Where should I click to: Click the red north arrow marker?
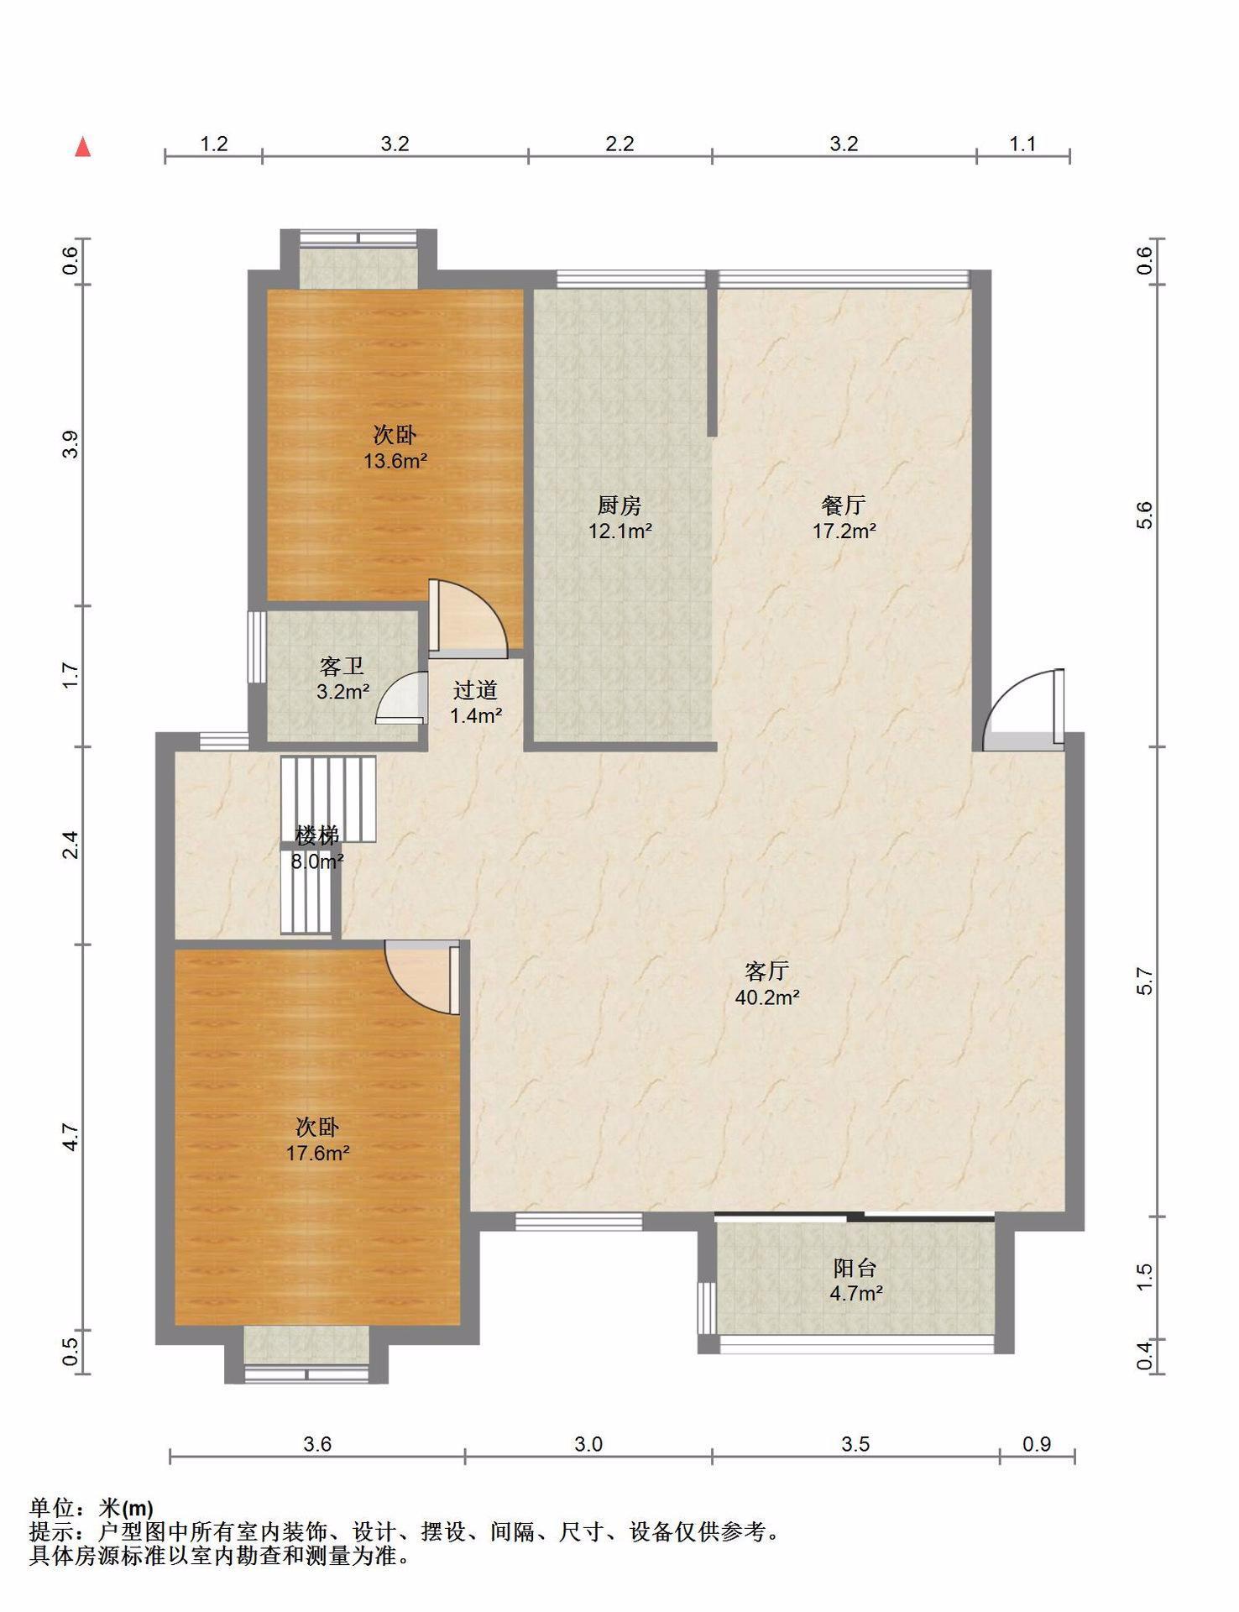tap(83, 147)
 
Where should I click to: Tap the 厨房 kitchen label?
tap(619, 505)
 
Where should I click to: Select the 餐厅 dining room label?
tap(844, 505)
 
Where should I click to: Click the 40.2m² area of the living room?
tap(766, 997)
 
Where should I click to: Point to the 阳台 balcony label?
tap(855, 1268)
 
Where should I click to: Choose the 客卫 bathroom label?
tap(342, 667)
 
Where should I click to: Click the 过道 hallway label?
tap(475, 690)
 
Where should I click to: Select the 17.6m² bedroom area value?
tap(317, 1153)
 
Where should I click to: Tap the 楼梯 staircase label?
tap(317, 835)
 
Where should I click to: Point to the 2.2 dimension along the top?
tap(619, 144)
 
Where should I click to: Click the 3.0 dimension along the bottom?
tap(588, 1443)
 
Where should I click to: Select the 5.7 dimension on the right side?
tap(1146, 981)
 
